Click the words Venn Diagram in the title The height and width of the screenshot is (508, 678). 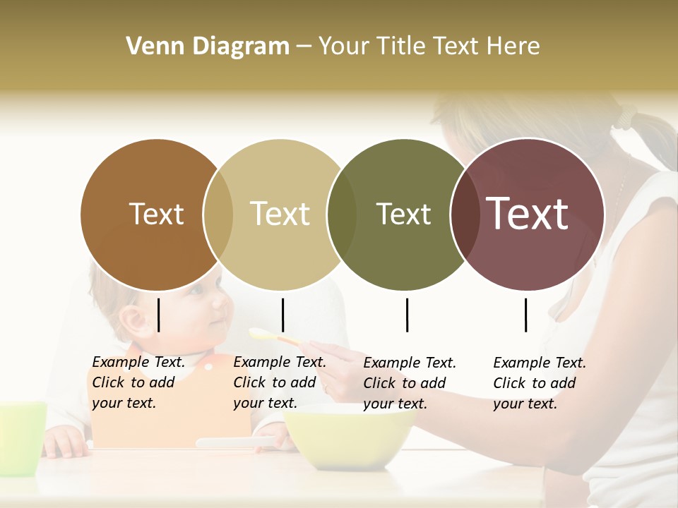coord(208,47)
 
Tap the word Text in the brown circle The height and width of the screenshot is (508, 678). coord(156,214)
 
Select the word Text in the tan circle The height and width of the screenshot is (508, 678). coord(280,214)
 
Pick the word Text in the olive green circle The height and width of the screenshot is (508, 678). coord(403,214)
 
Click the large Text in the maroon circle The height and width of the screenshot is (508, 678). coord(527,213)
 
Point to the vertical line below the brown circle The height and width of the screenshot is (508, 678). coord(158,315)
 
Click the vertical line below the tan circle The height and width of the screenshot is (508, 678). coord(282,315)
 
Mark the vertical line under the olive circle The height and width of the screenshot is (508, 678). coord(407,315)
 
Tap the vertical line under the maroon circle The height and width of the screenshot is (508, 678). coord(525,315)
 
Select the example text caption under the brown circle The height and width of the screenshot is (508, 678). coord(138,382)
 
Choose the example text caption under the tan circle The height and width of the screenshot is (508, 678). coord(280,382)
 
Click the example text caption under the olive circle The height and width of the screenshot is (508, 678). coord(410,382)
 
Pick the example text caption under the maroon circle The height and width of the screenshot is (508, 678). coord(540,382)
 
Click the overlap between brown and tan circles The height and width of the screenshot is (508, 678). coord(218,214)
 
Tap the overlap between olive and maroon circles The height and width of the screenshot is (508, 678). coord(463,214)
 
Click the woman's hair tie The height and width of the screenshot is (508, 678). coord(626,116)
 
